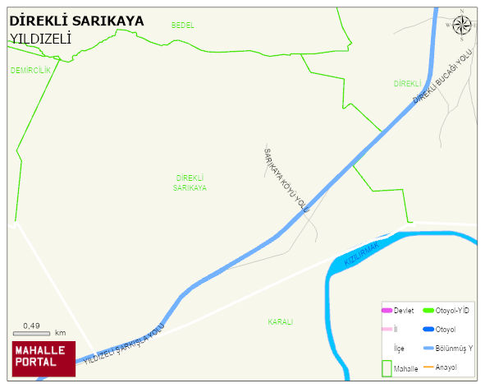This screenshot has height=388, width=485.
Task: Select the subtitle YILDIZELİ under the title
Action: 41,38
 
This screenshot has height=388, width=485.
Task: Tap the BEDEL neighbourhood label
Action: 183,25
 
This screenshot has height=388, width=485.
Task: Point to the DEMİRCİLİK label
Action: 30,70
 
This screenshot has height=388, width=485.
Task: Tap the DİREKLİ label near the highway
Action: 407,84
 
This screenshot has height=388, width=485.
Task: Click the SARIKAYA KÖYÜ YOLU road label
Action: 285,181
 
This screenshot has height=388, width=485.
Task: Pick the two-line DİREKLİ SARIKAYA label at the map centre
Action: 190,182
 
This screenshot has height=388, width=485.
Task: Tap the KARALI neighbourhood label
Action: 280,321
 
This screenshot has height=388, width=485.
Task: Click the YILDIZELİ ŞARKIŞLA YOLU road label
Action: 124,344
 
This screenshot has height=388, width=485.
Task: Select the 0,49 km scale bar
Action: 33,331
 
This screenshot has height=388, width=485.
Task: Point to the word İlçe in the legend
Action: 399,349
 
